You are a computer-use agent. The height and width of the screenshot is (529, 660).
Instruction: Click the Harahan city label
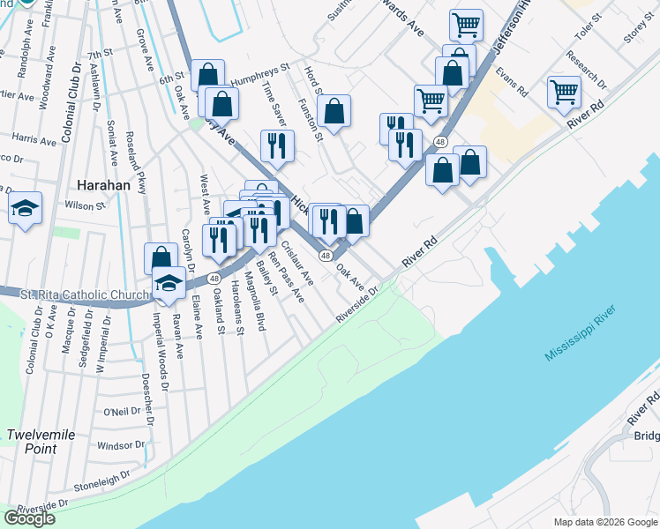click(x=104, y=186)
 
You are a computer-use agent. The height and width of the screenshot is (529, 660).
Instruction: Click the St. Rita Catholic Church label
click(x=75, y=294)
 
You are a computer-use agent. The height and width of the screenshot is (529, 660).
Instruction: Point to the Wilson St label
click(x=85, y=205)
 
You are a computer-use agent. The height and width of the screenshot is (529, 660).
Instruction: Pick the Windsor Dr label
click(x=119, y=444)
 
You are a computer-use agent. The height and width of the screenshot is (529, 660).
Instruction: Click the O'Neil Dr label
click(x=122, y=411)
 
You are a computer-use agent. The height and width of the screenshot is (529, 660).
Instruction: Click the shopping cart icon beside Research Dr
click(x=564, y=92)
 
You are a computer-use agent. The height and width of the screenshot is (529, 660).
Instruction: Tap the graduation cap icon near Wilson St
click(x=25, y=209)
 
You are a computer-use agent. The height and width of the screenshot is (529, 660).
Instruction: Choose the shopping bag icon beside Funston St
click(x=334, y=111)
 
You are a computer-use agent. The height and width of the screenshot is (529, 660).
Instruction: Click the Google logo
click(x=29, y=518)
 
